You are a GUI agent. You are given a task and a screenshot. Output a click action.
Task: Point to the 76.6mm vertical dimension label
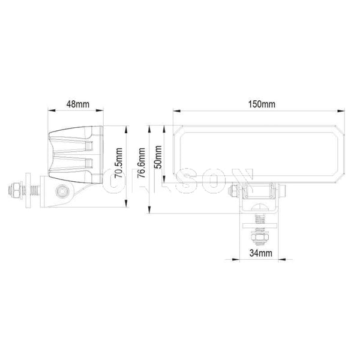(x=142, y=163)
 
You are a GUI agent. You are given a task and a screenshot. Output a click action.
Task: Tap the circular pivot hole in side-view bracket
(x=61, y=192)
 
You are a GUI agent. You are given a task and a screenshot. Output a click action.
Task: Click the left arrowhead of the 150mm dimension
(x=175, y=111)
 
